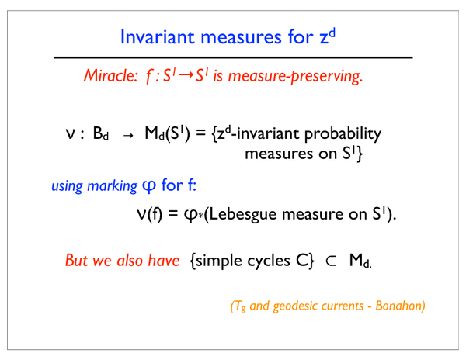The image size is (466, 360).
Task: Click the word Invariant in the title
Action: tap(158, 37)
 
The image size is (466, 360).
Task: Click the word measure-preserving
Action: tap(295, 76)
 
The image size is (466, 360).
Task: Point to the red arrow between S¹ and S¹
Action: tap(186, 74)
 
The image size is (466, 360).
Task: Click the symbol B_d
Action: tap(101, 133)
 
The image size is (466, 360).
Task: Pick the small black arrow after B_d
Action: tap(128, 136)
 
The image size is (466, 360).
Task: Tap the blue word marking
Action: tap(112, 186)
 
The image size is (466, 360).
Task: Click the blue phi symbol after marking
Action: tap(149, 186)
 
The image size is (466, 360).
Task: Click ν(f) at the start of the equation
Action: tap(150, 213)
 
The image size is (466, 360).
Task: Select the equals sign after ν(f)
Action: tap(173, 213)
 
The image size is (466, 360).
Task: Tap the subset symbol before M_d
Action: tap(331, 261)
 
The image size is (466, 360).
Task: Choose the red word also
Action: tap(130, 260)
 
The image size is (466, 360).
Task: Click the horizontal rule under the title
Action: tap(233, 57)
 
